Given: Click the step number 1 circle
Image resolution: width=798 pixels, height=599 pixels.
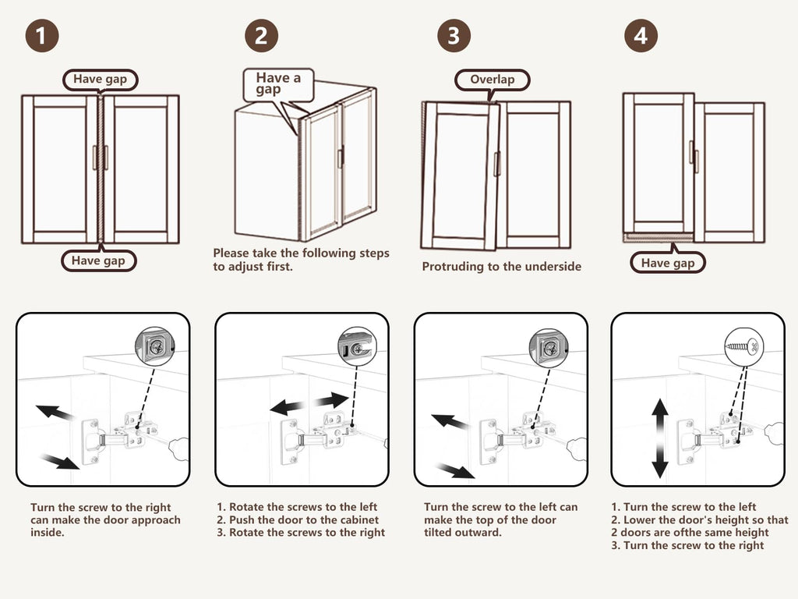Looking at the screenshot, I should [42, 36].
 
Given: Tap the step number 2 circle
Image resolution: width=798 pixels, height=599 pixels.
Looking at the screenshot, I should [261, 36].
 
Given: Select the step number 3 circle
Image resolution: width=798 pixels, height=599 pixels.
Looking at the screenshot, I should [454, 36].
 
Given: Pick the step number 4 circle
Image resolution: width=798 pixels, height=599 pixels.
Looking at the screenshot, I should [641, 36].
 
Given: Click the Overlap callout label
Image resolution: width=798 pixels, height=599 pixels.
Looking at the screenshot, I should [492, 80].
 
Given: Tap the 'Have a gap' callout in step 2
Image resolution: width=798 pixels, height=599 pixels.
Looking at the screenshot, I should [278, 83].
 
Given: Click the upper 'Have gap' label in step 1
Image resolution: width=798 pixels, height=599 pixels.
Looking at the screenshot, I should [100, 79].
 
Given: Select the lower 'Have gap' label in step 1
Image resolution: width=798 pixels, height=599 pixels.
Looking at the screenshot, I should [98, 261].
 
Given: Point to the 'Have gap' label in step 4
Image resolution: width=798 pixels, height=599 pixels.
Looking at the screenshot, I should [667, 263].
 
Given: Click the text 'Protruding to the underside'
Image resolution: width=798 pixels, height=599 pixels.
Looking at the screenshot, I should [502, 267].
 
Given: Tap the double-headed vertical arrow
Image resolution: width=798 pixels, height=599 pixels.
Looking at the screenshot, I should [660, 438].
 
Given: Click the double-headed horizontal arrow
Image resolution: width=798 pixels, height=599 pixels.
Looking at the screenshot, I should [309, 403].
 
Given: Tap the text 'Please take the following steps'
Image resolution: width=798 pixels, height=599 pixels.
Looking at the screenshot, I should [301, 253].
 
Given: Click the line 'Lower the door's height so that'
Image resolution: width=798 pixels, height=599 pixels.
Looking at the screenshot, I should [699, 519].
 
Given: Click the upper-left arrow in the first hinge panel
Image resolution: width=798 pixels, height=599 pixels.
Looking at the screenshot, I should [54, 412].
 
